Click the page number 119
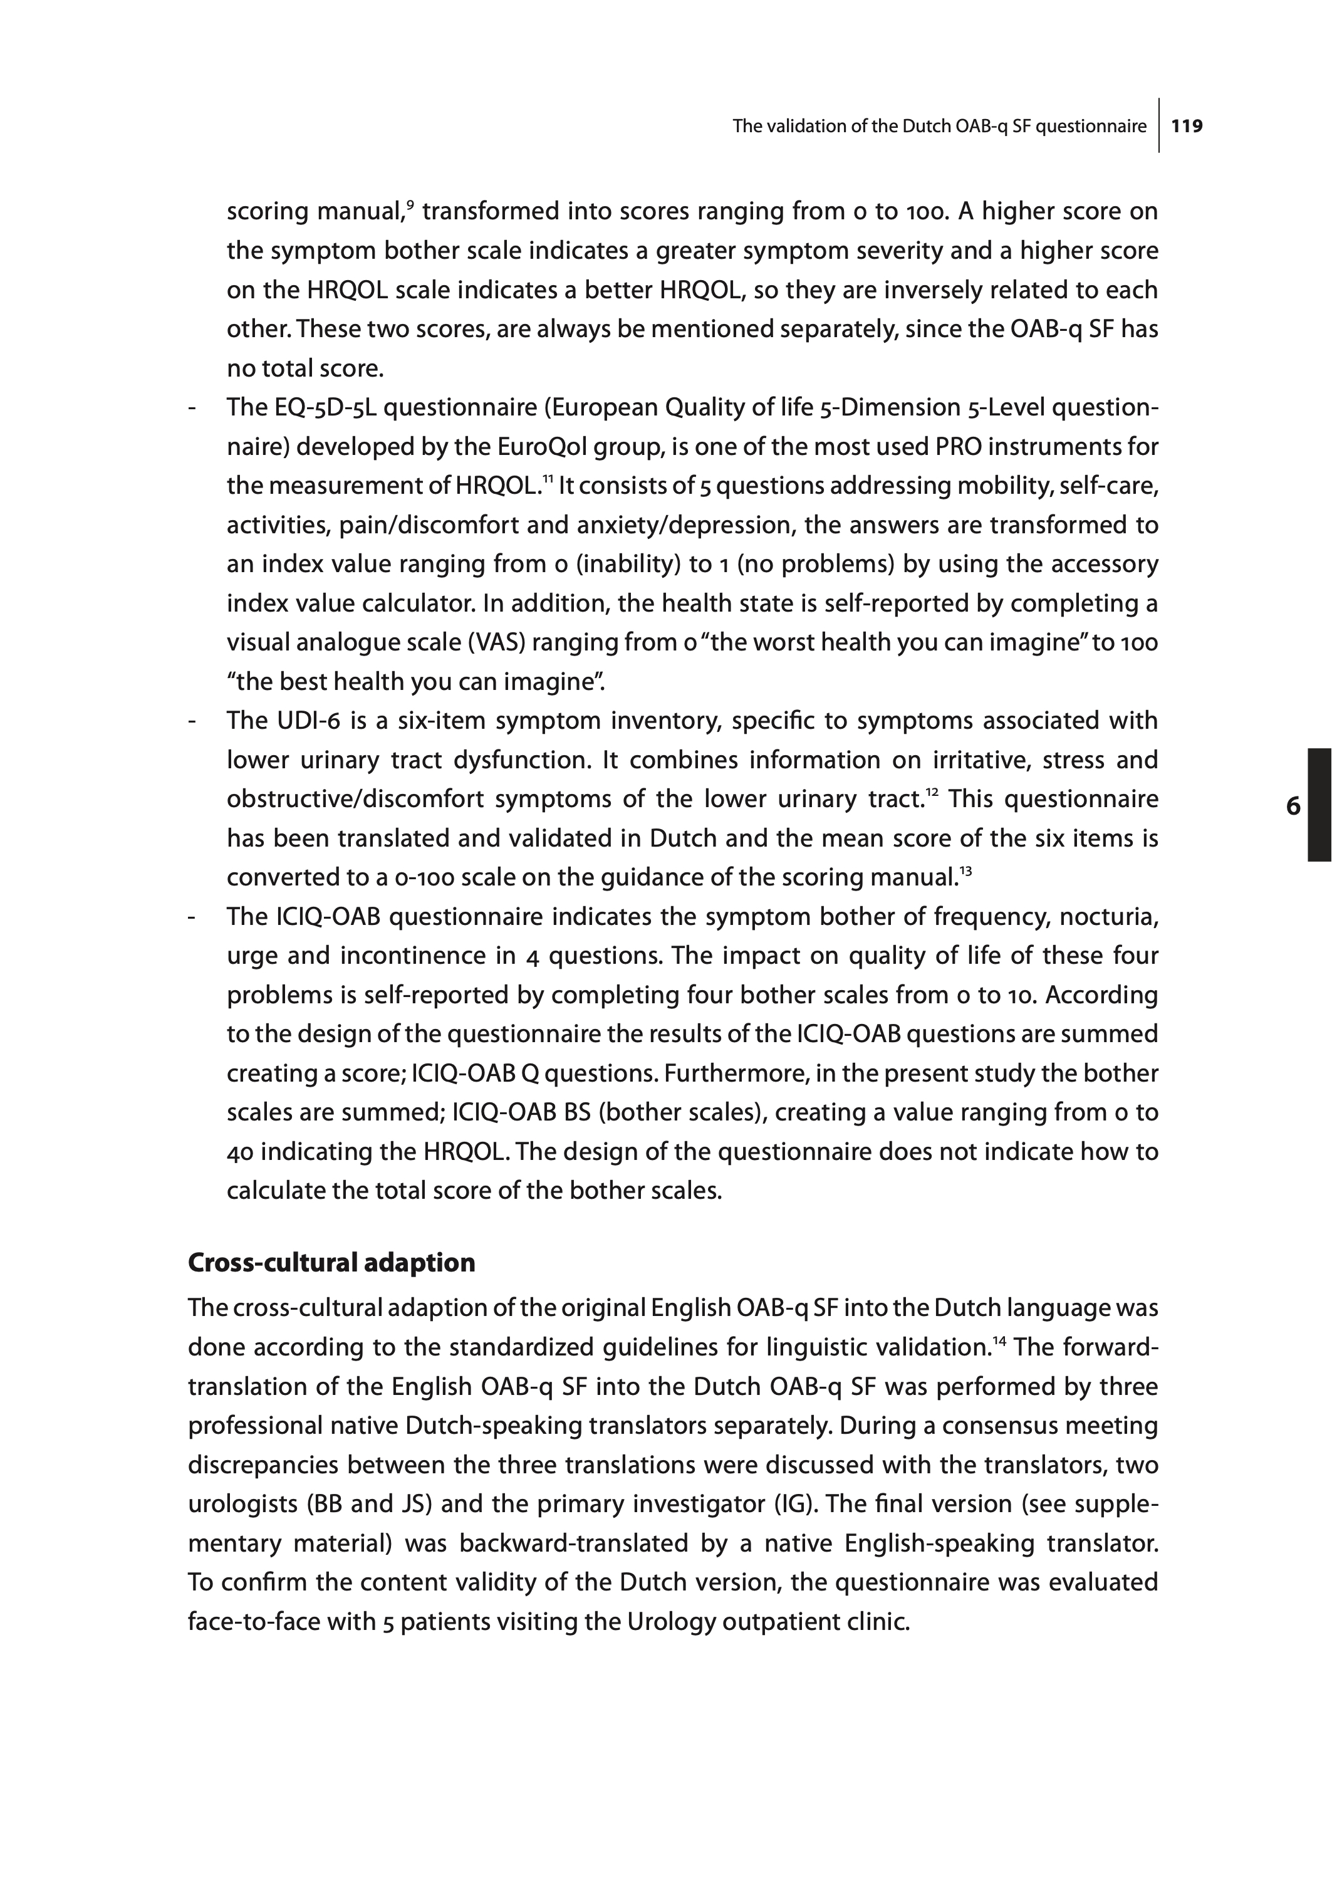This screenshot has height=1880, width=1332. [1187, 127]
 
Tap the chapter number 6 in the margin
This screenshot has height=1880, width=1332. [1293, 807]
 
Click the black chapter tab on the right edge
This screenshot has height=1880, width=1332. [1319, 804]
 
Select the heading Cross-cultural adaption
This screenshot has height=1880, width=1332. [331, 1262]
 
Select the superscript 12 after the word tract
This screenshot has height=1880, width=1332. [932, 791]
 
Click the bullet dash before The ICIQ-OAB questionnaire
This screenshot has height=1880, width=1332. [192, 917]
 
